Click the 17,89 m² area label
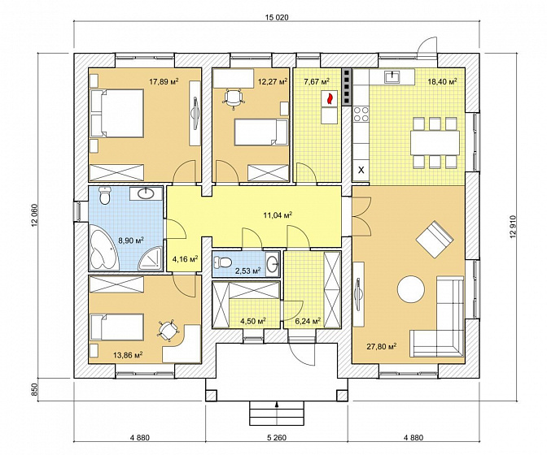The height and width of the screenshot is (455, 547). pyautogui.click(x=164, y=82)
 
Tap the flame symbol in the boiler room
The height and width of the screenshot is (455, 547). pyautogui.click(x=329, y=98)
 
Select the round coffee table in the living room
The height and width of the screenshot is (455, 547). pyautogui.click(x=411, y=289)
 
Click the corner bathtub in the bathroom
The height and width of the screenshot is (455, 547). pyautogui.click(x=104, y=248)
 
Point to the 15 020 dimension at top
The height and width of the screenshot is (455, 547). pyautogui.click(x=277, y=17)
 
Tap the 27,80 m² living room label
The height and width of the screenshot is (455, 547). pyautogui.click(x=382, y=347)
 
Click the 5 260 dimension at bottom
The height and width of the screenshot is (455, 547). pyautogui.click(x=277, y=438)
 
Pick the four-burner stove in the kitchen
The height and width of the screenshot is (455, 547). pyautogui.click(x=361, y=115)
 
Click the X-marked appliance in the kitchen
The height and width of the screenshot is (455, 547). pyautogui.click(x=361, y=171)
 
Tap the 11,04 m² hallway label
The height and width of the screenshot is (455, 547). pyautogui.click(x=278, y=216)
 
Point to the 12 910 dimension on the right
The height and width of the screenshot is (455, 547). pyautogui.click(x=513, y=227)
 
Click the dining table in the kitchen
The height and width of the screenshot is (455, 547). pyautogui.click(x=435, y=143)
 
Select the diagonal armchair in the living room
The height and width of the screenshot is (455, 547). pyautogui.click(x=435, y=239)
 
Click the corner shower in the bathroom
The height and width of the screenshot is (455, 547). pyautogui.click(x=151, y=259)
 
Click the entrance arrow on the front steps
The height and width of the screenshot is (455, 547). pyautogui.click(x=277, y=405)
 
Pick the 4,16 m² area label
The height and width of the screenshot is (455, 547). pyautogui.click(x=186, y=259)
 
